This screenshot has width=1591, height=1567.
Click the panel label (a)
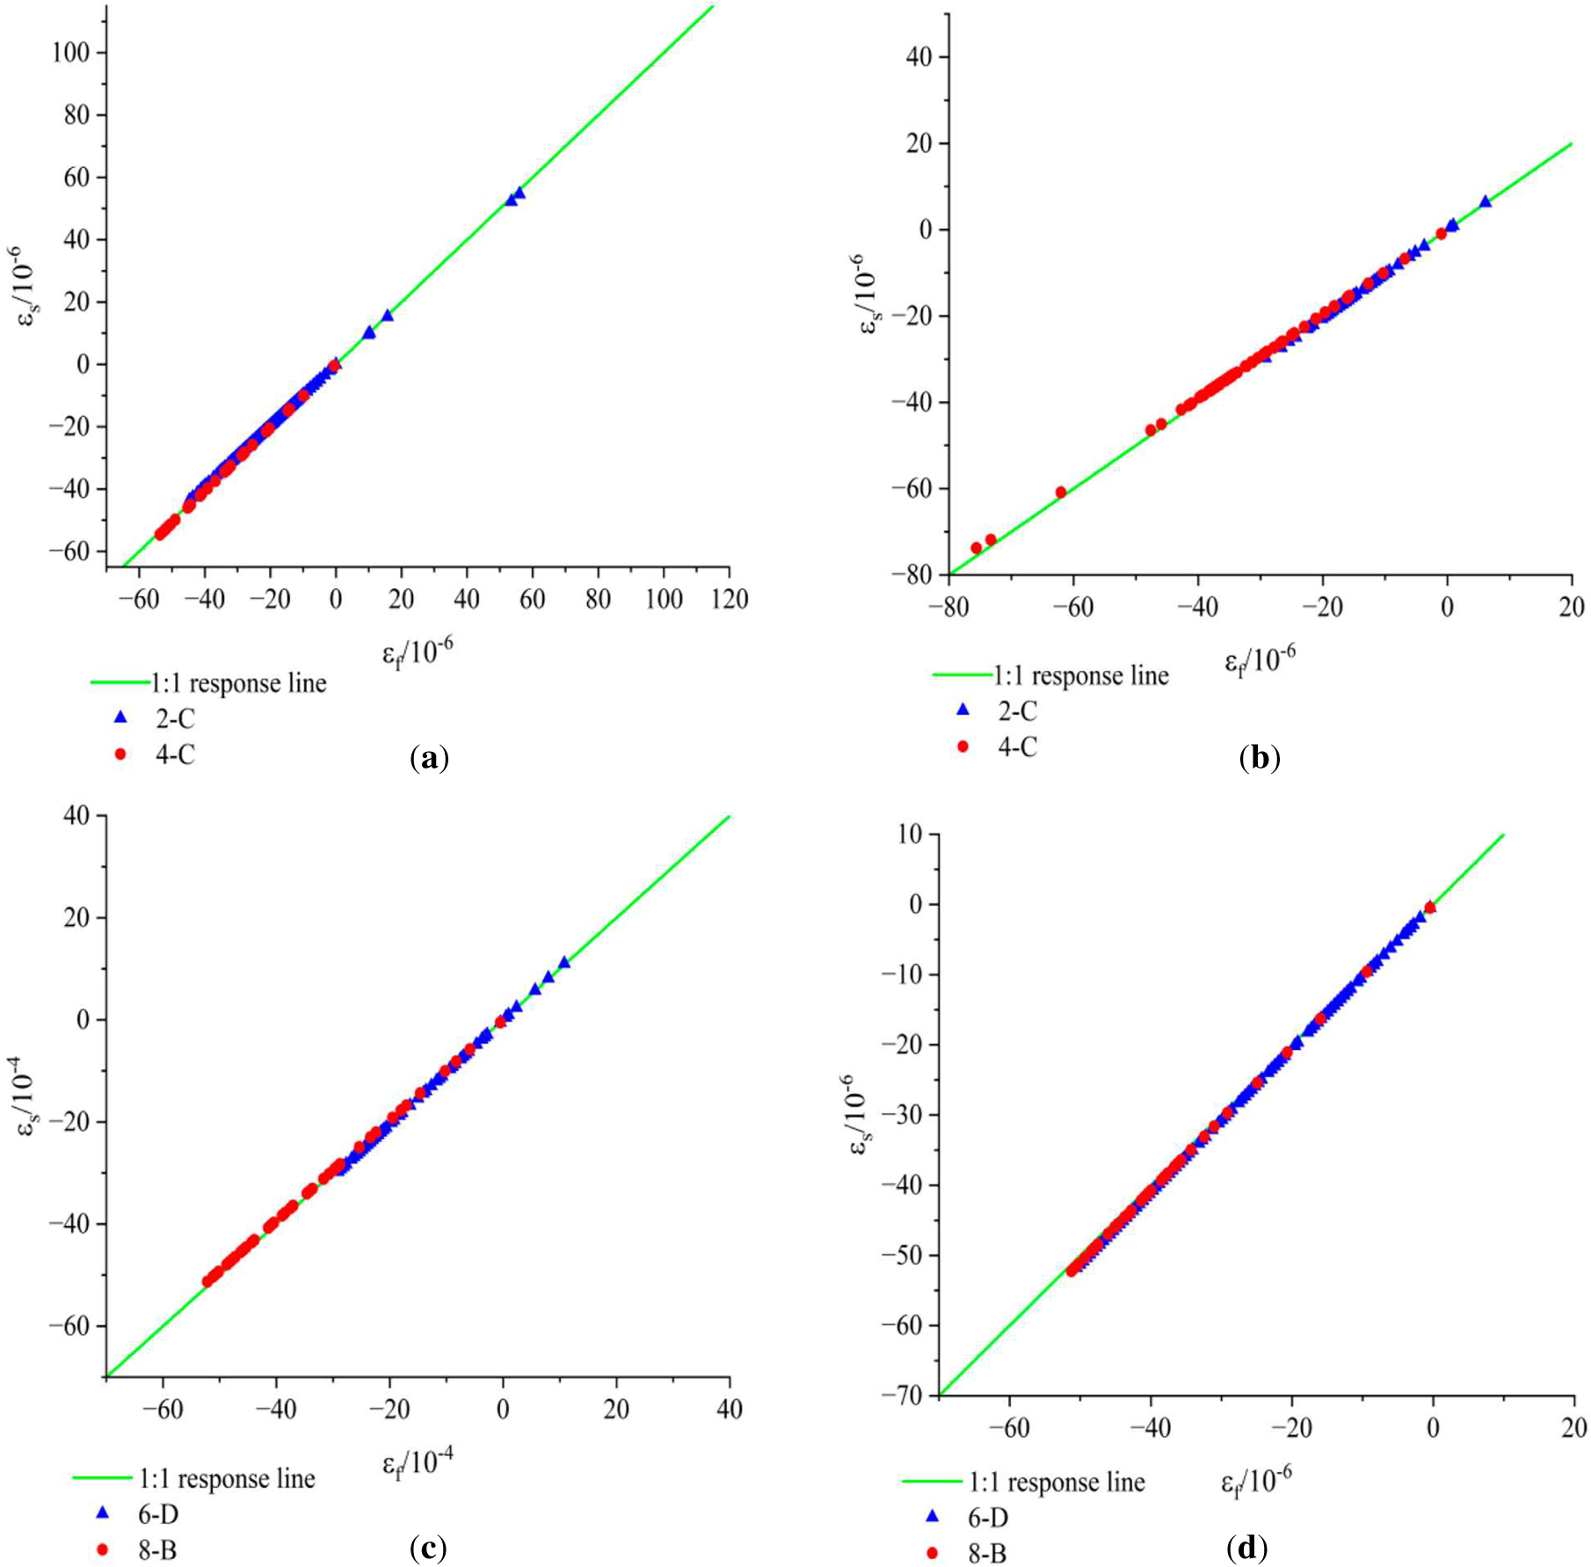click(x=429, y=758)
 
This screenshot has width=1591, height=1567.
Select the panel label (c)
click(x=428, y=1548)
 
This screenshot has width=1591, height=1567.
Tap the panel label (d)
click(x=1246, y=1548)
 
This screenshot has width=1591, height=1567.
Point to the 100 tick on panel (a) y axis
click(x=70, y=53)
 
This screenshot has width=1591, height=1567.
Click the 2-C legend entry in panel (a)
click(x=156, y=718)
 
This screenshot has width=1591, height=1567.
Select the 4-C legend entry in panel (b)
click(x=998, y=747)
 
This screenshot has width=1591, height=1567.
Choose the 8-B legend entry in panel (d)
click(x=966, y=1554)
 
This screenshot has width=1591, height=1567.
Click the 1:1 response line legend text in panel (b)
click(x=1081, y=675)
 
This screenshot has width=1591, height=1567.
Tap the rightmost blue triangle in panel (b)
click(x=1486, y=201)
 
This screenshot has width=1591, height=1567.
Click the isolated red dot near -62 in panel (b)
click(x=1061, y=492)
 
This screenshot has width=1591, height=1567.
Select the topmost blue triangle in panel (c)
click(x=564, y=962)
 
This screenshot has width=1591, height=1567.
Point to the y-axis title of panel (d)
click(x=861, y=1112)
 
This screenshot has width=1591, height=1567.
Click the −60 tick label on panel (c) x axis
click(x=163, y=1410)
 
